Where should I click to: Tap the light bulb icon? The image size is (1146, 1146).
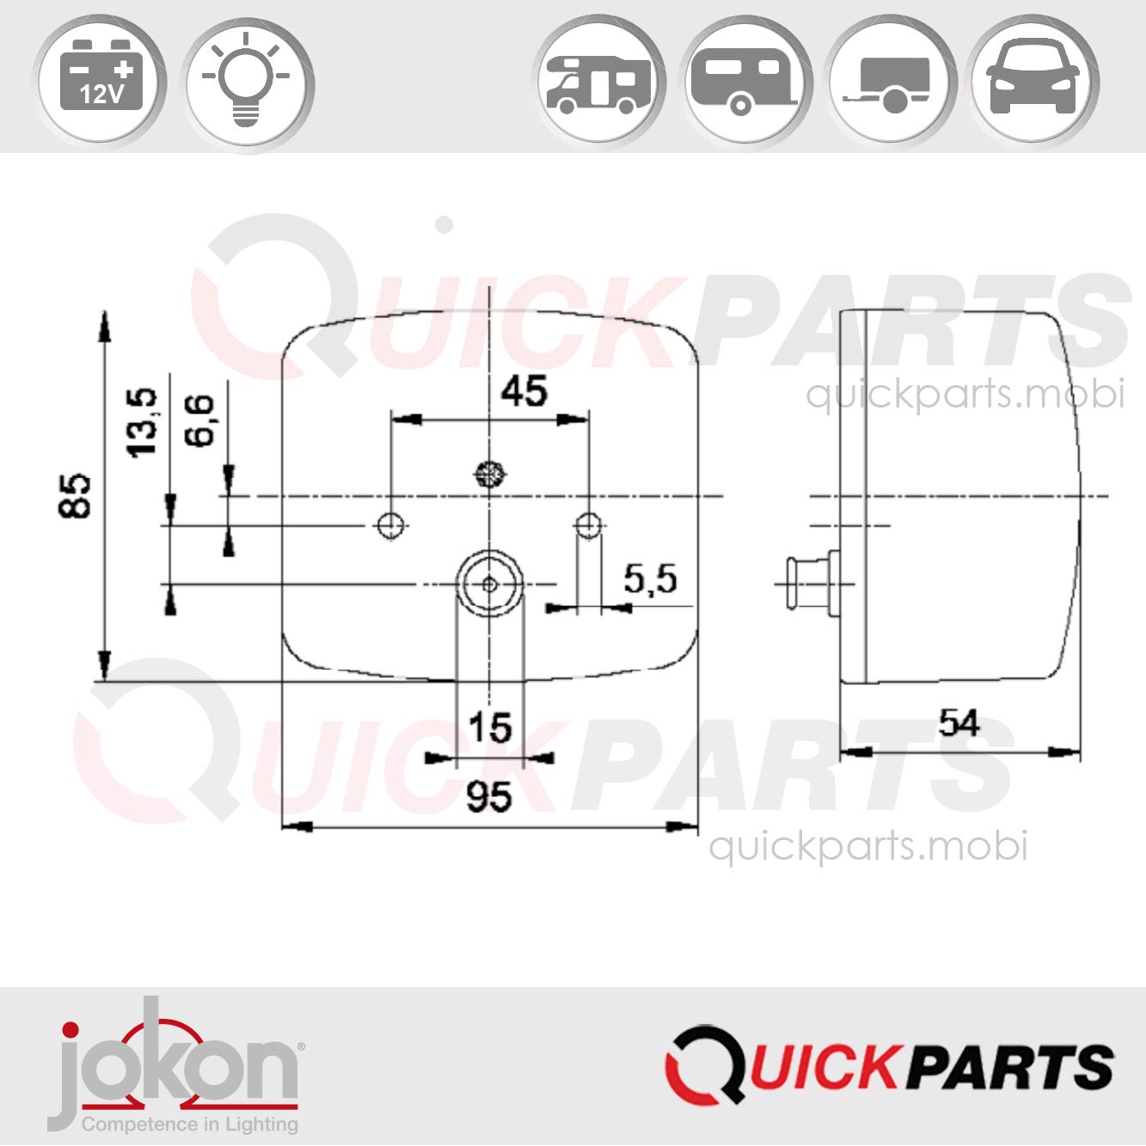[x=246, y=79]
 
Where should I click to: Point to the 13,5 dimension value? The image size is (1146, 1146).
[x=143, y=423]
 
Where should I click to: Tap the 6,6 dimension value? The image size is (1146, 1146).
[x=199, y=420]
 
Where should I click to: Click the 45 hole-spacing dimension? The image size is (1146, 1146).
[x=524, y=391]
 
